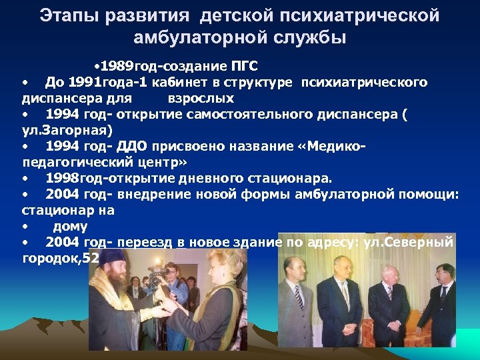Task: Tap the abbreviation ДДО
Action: click(x=134, y=145)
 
